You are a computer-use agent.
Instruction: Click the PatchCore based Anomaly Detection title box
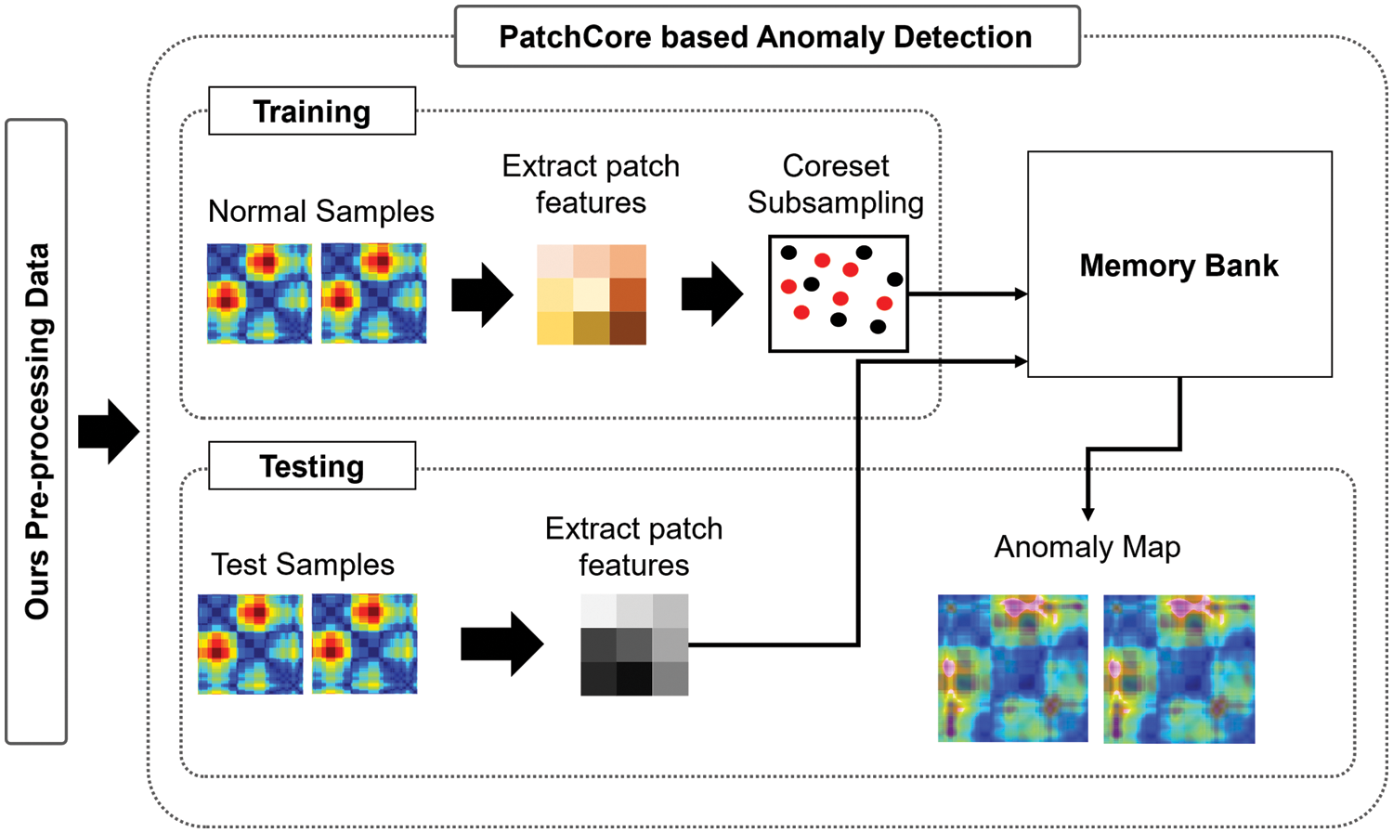(x=766, y=37)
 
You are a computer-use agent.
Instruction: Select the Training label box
(x=312, y=111)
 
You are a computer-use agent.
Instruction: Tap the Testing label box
(x=312, y=466)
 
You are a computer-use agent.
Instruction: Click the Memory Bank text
(x=1178, y=266)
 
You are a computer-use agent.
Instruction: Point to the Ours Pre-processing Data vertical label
(x=36, y=431)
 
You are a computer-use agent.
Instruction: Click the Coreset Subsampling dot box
(x=839, y=293)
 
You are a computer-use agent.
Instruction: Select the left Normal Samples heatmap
(x=259, y=293)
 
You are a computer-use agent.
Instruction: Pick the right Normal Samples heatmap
(x=374, y=293)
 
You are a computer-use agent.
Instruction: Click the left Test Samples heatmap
(x=250, y=644)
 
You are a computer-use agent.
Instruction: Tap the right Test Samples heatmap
(x=365, y=644)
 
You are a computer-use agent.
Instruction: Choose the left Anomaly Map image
(x=1012, y=669)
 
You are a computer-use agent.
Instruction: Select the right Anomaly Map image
(x=1178, y=669)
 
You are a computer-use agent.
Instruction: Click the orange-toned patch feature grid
(x=592, y=294)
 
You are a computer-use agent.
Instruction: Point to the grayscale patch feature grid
(x=634, y=644)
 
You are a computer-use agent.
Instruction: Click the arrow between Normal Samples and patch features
(x=482, y=294)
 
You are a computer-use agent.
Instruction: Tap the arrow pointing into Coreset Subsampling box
(x=711, y=294)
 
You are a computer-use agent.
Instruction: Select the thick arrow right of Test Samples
(x=501, y=644)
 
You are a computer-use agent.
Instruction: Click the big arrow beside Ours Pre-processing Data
(x=109, y=432)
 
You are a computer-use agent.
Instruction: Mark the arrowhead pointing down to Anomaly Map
(x=1087, y=514)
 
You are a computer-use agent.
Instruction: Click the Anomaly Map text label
(x=1087, y=547)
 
